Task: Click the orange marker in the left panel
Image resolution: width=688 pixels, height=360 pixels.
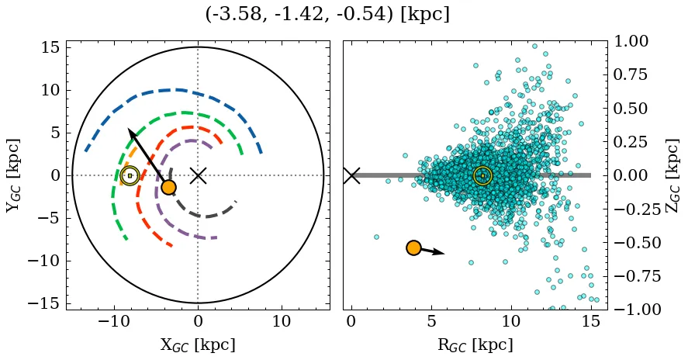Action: [168, 187]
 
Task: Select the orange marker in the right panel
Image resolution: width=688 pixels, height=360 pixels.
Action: [413, 247]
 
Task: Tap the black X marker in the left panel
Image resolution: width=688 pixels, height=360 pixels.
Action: [198, 175]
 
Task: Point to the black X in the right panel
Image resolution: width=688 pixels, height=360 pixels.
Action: [351, 175]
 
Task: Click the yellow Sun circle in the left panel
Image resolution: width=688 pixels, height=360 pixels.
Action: [130, 175]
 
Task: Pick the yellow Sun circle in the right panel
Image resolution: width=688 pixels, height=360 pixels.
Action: [482, 175]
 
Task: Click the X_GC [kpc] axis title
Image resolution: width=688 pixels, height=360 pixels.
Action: [198, 345]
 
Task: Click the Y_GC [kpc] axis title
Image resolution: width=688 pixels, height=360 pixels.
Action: [12, 175]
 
